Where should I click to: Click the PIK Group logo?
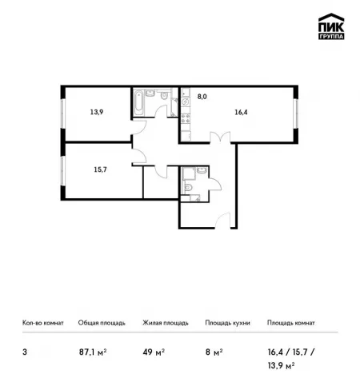point(331,26)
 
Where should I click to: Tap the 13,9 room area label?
point(97,112)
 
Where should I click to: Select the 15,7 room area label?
point(100,169)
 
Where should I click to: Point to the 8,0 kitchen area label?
point(202,97)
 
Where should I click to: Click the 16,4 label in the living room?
point(241,113)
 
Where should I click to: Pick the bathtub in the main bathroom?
point(138,103)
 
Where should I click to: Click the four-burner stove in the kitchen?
point(186,118)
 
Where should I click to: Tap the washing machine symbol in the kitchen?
point(186,101)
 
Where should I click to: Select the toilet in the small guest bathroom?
point(188,188)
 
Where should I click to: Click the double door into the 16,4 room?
point(220,137)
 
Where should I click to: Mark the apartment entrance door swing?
point(222,221)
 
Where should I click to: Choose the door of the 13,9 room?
point(139,127)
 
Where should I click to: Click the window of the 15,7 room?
point(63,170)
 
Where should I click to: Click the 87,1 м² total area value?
point(93,352)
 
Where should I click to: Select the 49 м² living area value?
point(154,352)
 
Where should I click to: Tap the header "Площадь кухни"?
point(227,323)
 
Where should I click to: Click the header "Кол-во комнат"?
point(43,323)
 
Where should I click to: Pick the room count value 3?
point(25,352)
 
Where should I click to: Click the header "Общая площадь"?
point(102,323)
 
